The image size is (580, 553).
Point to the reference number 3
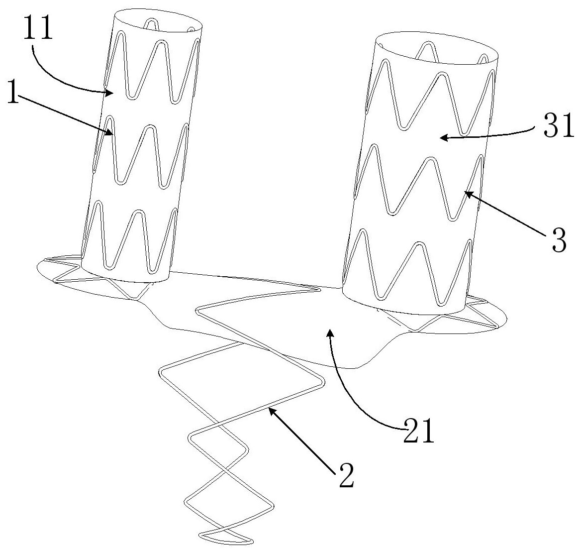tap(557, 243)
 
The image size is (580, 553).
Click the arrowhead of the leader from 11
tap(106, 92)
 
